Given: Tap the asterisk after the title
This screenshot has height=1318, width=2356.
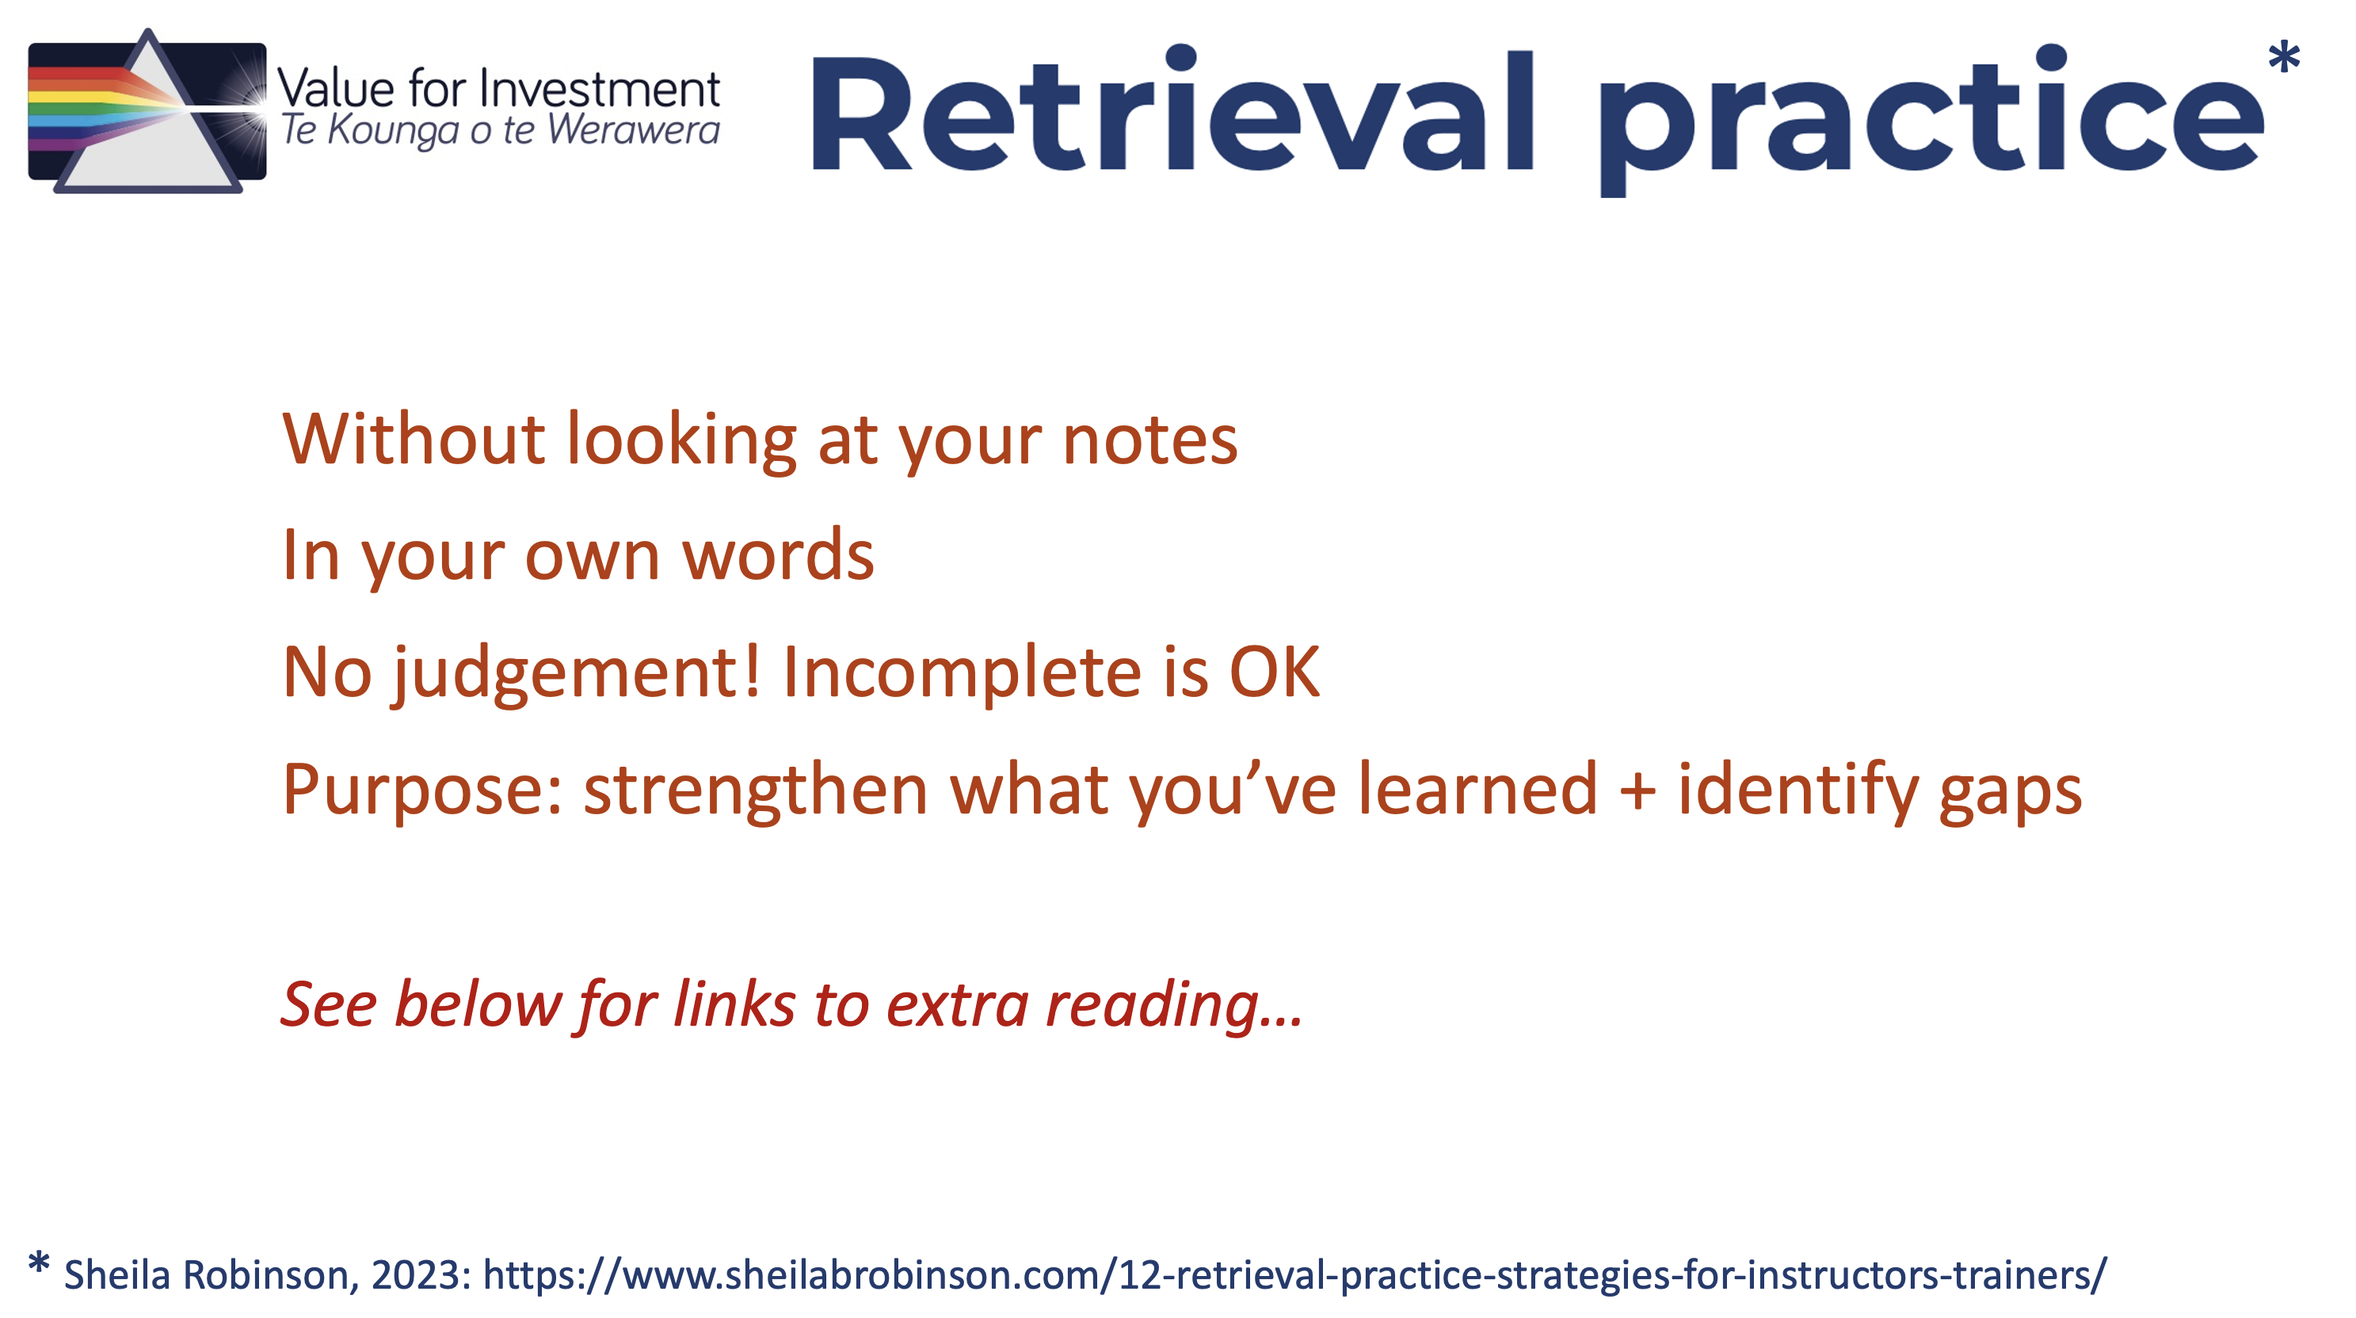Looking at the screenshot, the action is coord(2284,58).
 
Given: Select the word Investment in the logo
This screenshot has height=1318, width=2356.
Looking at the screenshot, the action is coord(600,90).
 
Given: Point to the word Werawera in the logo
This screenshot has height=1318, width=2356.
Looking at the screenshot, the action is coord(634,130).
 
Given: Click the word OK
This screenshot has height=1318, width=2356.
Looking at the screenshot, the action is coord(1275,672).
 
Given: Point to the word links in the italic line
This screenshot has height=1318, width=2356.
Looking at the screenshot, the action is coord(734,1004).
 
